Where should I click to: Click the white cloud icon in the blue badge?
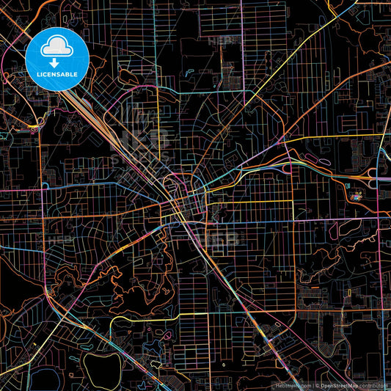click(56, 48)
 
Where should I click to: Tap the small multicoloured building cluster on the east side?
click(357, 196)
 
